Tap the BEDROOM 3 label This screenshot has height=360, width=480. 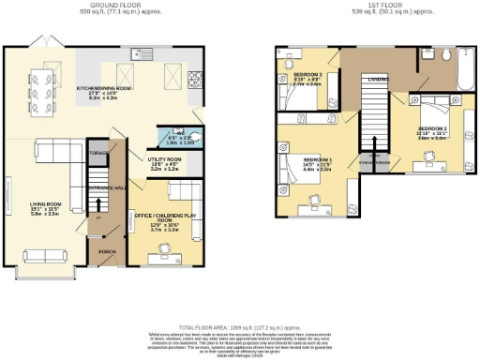pos(308,74)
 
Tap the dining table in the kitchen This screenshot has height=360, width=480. pos(42,86)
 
